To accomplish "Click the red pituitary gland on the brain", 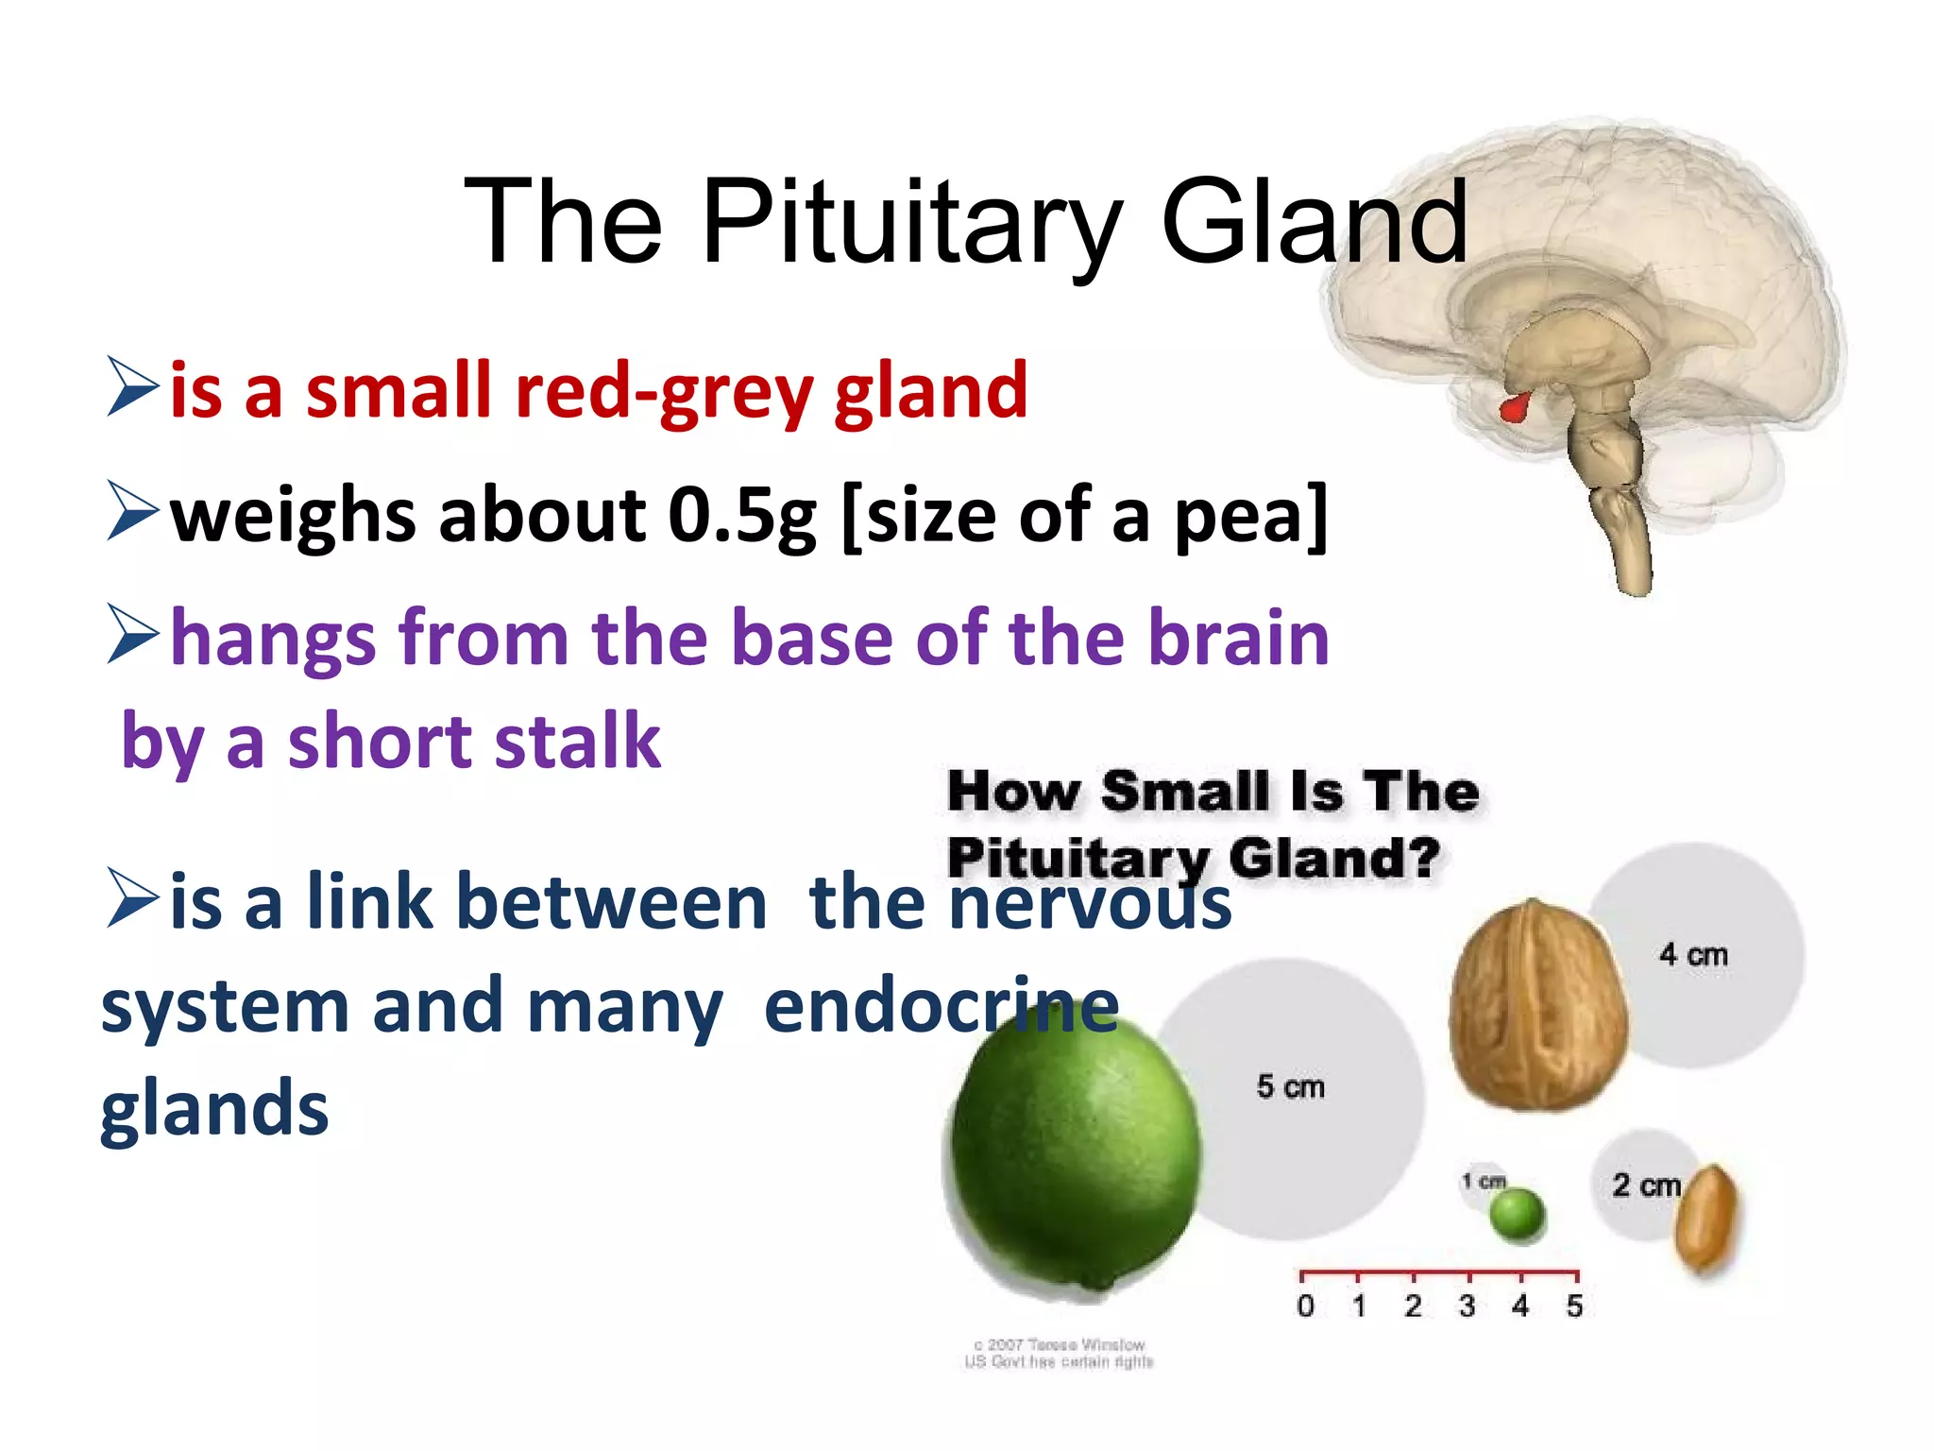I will (1514, 407).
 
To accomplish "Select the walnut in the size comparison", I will (1536, 1006).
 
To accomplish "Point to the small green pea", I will (1517, 1215).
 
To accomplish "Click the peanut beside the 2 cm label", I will (1706, 1220).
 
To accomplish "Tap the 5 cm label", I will (1290, 1086).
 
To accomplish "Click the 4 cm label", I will (1693, 954).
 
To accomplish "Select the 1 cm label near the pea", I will (1484, 1181).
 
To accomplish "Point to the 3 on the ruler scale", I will (1467, 1306).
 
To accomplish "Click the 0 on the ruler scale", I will (1305, 1306).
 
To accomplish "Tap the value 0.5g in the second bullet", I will (742, 516).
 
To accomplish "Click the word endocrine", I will (941, 1006).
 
